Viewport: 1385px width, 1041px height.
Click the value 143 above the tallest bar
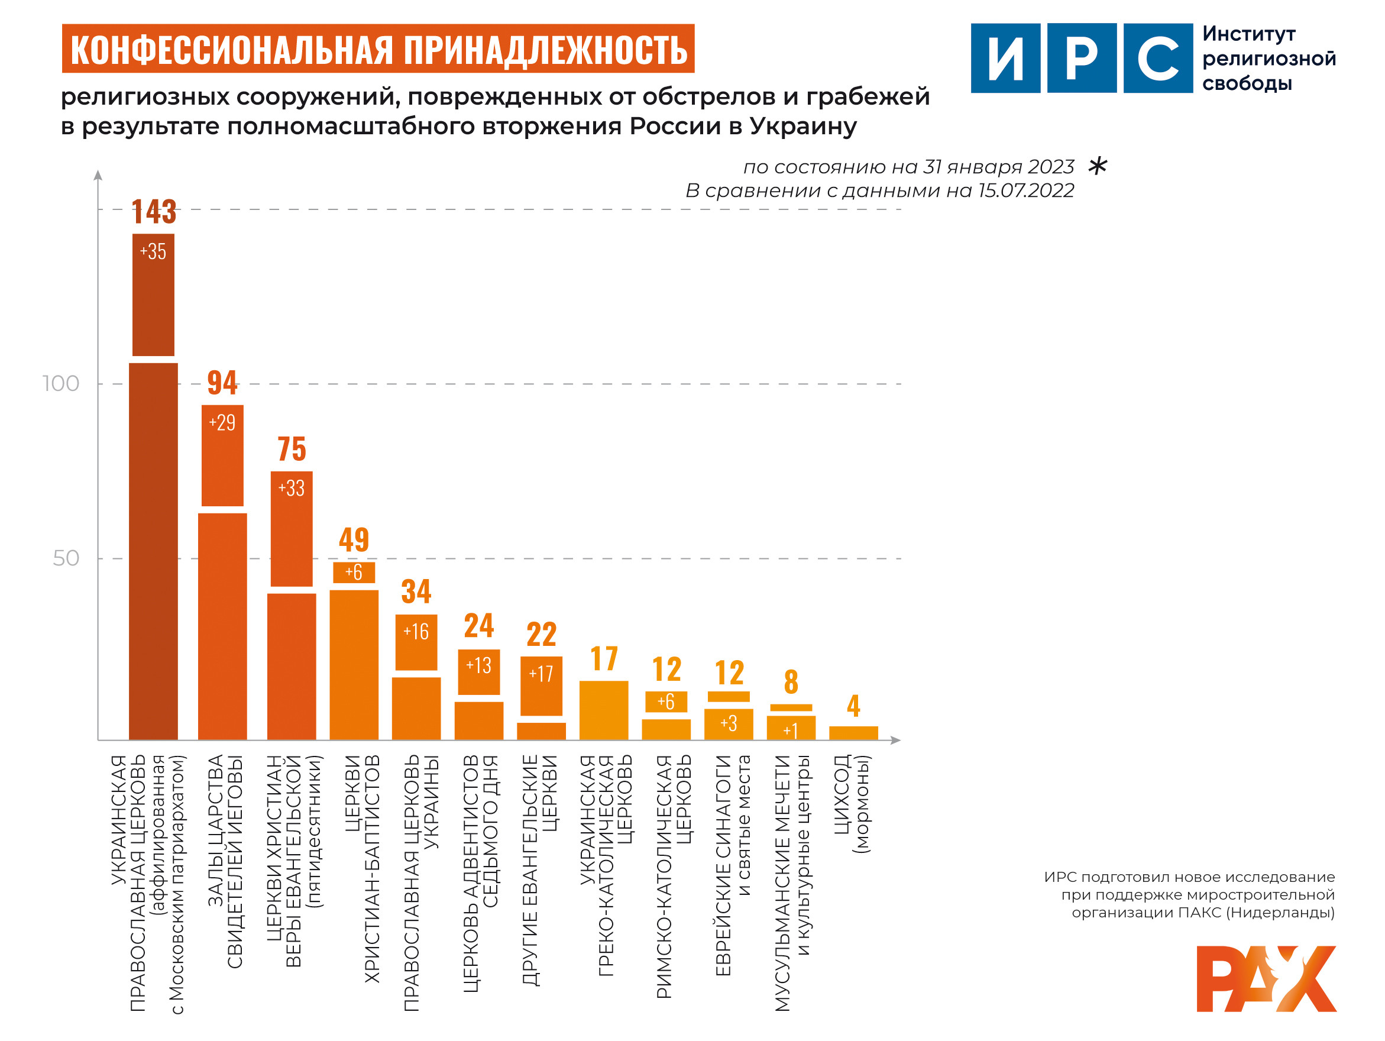point(153,212)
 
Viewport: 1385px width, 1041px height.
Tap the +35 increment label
point(153,251)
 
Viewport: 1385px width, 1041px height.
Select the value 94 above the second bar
point(222,383)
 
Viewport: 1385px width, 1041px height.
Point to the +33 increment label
point(291,488)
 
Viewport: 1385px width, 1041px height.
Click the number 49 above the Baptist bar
point(354,540)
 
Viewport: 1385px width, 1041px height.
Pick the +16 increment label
point(416,631)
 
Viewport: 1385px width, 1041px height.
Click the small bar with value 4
point(853,733)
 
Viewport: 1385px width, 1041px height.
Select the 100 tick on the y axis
point(61,384)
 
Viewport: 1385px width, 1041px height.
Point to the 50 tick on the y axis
point(66,559)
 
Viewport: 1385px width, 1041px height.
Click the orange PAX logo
point(1266,978)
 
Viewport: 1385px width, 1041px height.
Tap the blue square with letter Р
point(1081,58)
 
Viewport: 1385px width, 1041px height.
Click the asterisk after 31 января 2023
point(1098,166)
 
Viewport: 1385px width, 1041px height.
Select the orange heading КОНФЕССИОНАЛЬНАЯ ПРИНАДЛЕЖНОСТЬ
point(378,49)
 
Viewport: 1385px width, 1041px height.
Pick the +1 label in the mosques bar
point(791,730)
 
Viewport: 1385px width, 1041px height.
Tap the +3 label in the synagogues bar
point(728,723)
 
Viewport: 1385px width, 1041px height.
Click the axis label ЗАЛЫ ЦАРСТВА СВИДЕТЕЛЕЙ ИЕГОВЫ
point(224,861)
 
